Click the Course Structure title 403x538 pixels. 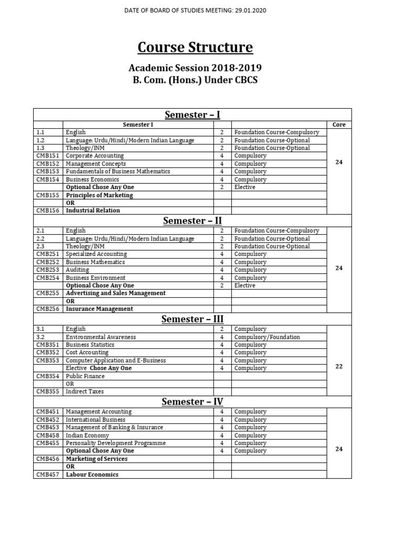tap(195, 47)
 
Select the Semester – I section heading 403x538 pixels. tap(193, 115)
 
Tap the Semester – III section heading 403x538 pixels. tap(193, 319)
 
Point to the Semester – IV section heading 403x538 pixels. tap(193, 402)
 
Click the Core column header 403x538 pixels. tap(338, 125)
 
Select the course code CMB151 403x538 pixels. tap(48, 156)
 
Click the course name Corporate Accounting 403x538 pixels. tap(94, 156)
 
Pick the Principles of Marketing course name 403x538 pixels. tap(99, 195)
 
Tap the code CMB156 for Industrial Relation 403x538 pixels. tap(48, 211)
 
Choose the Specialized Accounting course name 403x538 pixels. tap(96, 254)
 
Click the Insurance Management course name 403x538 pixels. tap(99, 309)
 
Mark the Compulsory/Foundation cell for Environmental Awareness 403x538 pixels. tap(267, 337)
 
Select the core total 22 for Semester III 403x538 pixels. tap(338, 366)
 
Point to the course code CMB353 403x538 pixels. tap(48, 360)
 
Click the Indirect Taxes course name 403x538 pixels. tap(84, 391)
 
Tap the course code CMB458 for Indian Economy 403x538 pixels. tap(48, 436)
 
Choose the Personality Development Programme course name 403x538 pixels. tap(115, 443)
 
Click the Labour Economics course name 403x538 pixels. tap(92, 474)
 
